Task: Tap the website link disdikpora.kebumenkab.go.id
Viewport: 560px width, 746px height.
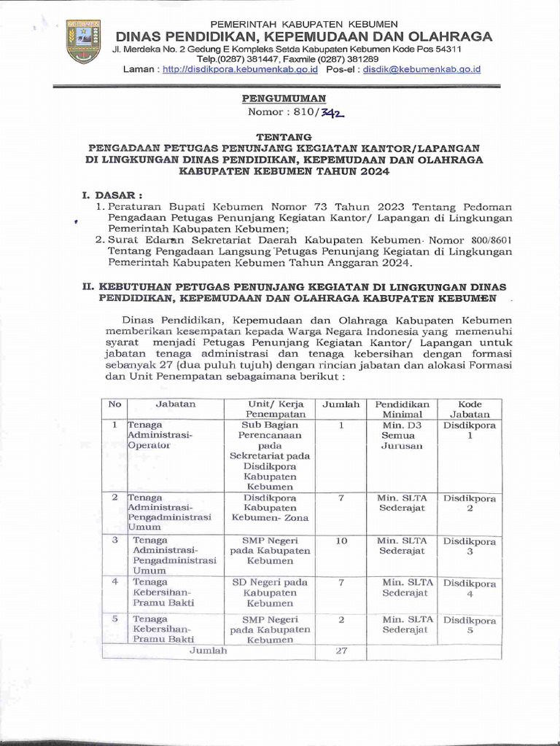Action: pos(240,69)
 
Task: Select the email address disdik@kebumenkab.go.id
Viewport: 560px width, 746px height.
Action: pos(422,69)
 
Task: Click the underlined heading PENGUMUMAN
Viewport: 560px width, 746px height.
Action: pos(284,98)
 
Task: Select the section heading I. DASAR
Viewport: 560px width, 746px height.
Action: pos(112,195)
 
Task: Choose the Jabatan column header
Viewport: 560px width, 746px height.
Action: pos(175,404)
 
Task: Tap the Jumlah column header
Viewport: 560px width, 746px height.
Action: pos(341,404)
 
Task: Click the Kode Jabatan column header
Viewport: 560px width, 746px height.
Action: pos(470,409)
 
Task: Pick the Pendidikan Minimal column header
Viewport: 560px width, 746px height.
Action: pos(402,409)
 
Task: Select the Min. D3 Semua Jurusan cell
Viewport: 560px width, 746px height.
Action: pos(402,435)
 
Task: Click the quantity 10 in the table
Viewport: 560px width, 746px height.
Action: pos(341,541)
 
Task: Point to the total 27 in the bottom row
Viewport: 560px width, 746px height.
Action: pos(341,651)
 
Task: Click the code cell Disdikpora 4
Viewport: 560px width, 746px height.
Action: pos(470,589)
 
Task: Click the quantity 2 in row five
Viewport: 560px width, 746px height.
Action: pos(341,619)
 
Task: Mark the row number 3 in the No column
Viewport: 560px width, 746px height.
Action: pos(114,541)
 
